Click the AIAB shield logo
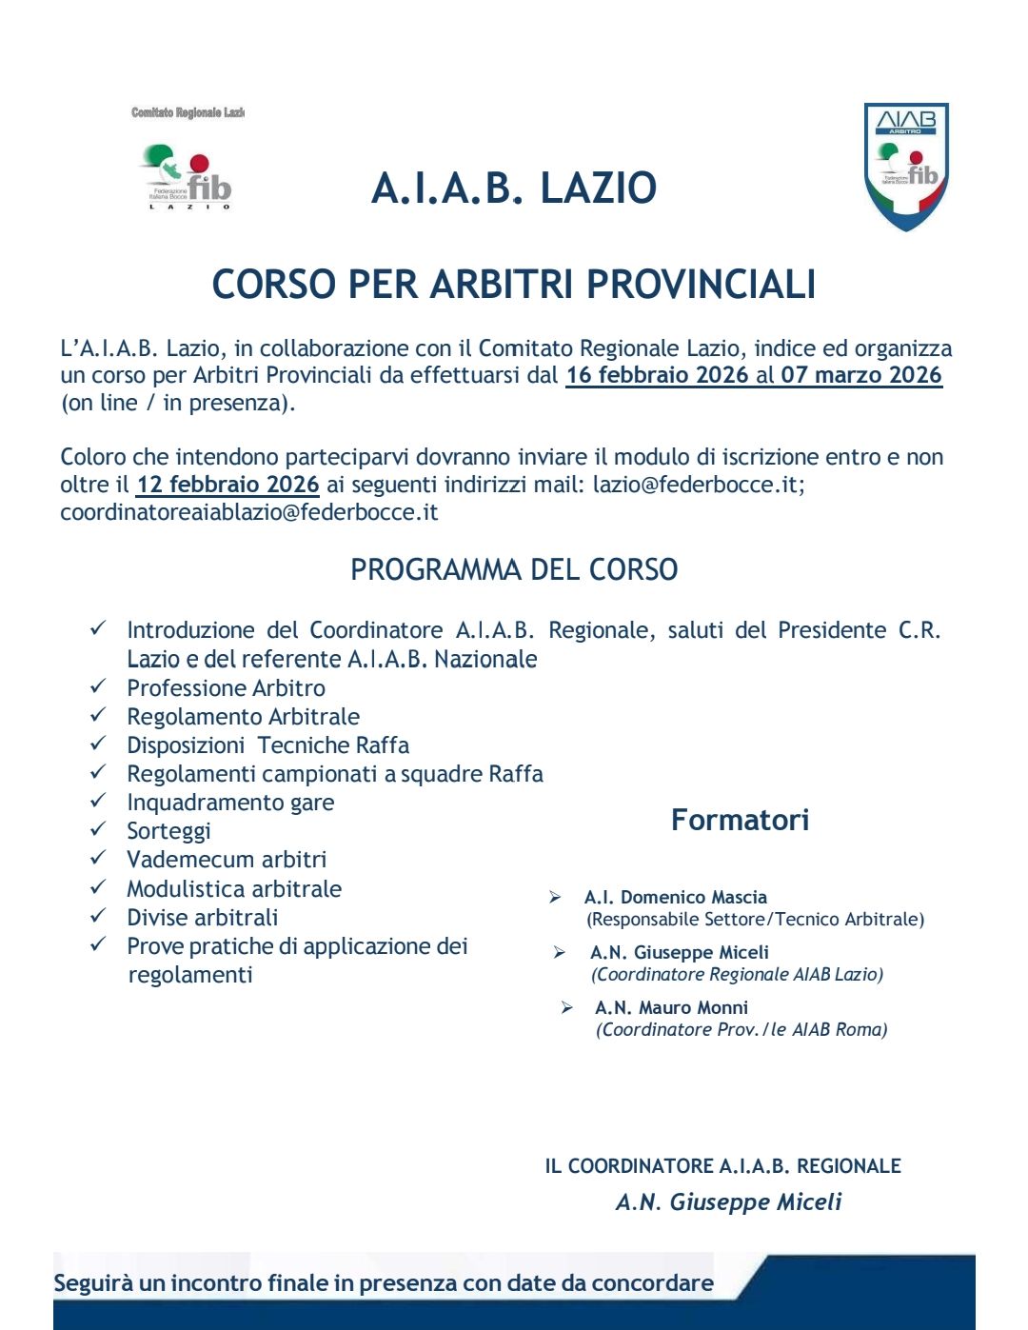(x=906, y=167)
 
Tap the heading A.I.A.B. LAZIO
(x=514, y=189)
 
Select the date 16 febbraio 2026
(x=657, y=375)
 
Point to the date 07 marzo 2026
(x=861, y=375)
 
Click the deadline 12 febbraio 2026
(x=227, y=485)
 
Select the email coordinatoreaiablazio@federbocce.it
(x=249, y=512)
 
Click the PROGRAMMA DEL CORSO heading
(x=514, y=570)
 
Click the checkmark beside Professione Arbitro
(x=98, y=686)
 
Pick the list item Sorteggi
(x=168, y=831)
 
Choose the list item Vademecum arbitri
(x=227, y=860)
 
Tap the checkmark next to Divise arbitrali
(x=98, y=916)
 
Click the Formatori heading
(x=740, y=821)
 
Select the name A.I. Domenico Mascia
(x=676, y=897)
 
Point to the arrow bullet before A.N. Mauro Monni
(x=567, y=1007)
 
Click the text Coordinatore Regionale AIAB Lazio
(x=738, y=975)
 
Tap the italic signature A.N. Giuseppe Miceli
(x=728, y=1202)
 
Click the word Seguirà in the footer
(x=93, y=1283)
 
